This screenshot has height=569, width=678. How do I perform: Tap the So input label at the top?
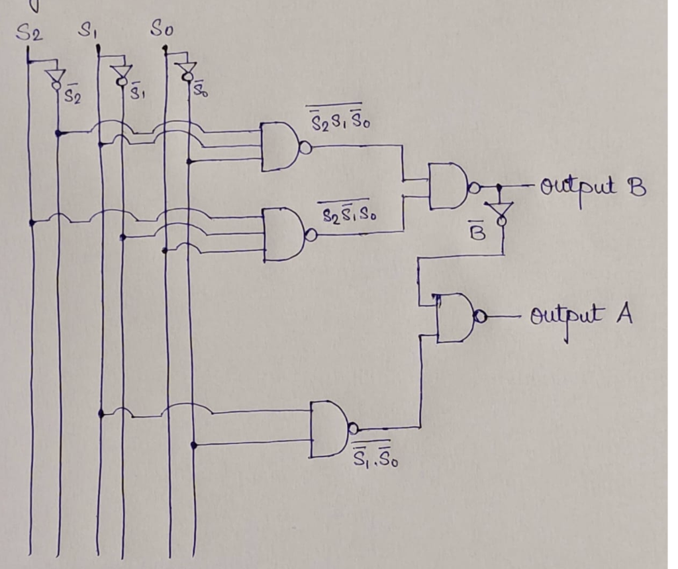coord(163,29)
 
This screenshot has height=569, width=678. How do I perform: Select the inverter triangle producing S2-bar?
coord(56,77)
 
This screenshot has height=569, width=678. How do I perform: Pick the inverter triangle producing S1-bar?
coord(121,73)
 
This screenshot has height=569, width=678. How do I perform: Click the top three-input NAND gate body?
coord(279,146)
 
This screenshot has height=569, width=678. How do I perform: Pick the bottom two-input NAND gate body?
coord(329,429)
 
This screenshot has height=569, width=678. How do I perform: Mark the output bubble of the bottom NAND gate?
coord(354,428)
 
